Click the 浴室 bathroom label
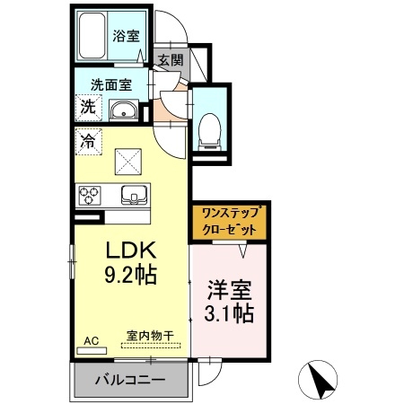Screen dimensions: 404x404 pyautogui.click(x=124, y=36)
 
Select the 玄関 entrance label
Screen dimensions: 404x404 pyautogui.click(x=170, y=60)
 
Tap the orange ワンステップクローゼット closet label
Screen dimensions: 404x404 pyautogui.click(x=230, y=221)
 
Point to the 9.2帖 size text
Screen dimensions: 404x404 pyautogui.click(x=129, y=274)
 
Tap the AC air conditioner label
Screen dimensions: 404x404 pyautogui.click(x=92, y=341)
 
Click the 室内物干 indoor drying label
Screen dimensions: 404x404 pyautogui.click(x=150, y=336)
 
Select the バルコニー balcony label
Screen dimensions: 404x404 pyautogui.click(x=130, y=381)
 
